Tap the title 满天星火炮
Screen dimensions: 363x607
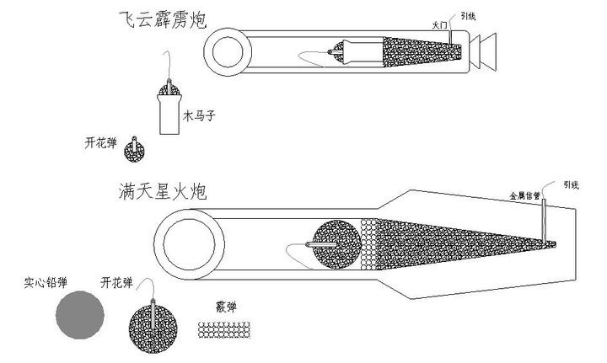(162, 193)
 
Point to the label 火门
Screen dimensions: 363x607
(438, 26)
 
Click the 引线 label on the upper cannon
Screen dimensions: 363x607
(457, 16)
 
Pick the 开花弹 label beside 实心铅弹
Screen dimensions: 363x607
(115, 282)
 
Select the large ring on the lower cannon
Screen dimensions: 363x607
(189, 247)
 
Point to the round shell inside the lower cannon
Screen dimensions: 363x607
(335, 247)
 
